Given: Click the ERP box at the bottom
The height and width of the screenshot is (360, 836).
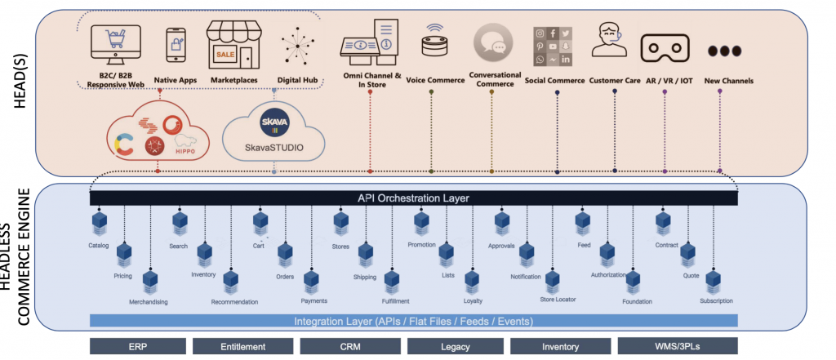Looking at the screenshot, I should tap(137, 346).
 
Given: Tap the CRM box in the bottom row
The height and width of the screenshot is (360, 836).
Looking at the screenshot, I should tap(349, 346).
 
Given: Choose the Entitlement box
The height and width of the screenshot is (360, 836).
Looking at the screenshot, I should tap(242, 346).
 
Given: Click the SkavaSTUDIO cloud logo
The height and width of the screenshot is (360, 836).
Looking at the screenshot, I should tap(273, 135).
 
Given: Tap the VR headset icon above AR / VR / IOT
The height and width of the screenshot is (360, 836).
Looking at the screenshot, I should tap(664, 49).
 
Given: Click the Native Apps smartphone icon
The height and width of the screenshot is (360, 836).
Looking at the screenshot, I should tap(176, 47).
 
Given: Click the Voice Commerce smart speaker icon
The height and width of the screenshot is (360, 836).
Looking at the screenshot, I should tap(431, 46).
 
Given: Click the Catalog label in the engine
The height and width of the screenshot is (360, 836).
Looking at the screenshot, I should tap(98, 246).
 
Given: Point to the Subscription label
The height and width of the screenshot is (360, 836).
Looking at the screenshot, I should tap(716, 301).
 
